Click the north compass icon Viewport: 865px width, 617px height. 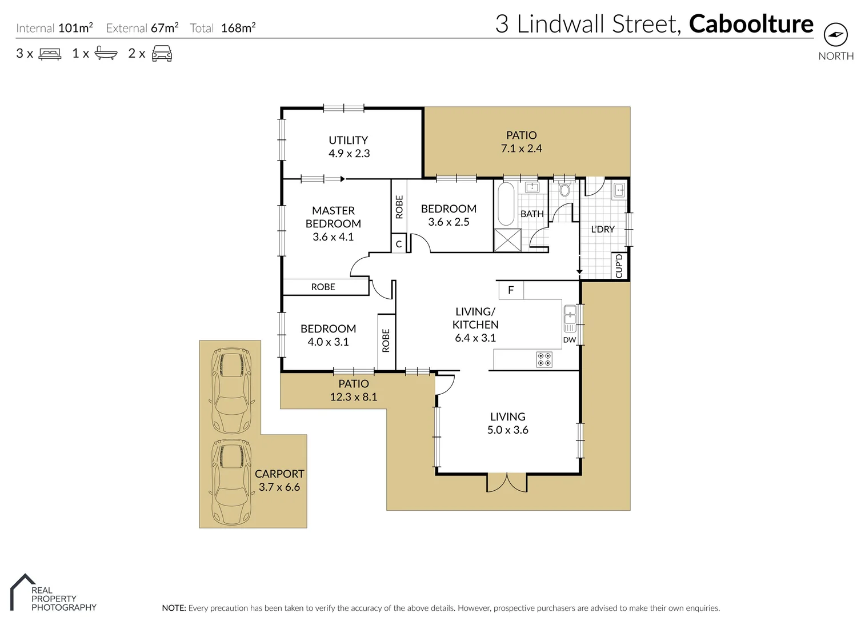[x=836, y=35]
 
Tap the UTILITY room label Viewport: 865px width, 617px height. [x=348, y=140]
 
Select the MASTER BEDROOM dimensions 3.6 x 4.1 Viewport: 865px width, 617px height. [x=333, y=237]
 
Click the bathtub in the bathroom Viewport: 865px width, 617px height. [x=506, y=204]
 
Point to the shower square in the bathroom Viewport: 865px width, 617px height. [x=508, y=239]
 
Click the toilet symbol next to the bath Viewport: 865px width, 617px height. [x=565, y=190]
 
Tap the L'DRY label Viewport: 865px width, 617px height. [x=602, y=229]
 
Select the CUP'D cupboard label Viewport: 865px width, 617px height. [x=619, y=266]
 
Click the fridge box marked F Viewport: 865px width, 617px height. [x=511, y=290]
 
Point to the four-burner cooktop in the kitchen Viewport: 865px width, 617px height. [x=544, y=359]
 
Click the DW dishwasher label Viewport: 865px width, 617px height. [x=570, y=339]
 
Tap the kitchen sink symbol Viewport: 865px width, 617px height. [x=570, y=319]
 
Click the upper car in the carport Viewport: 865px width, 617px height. [x=231, y=390]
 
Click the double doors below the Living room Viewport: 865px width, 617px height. [x=507, y=483]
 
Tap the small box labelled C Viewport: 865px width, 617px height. [x=399, y=244]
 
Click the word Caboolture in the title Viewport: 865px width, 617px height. [x=751, y=24]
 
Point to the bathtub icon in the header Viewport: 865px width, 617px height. [x=106, y=54]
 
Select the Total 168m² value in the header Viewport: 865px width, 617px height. [x=238, y=28]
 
